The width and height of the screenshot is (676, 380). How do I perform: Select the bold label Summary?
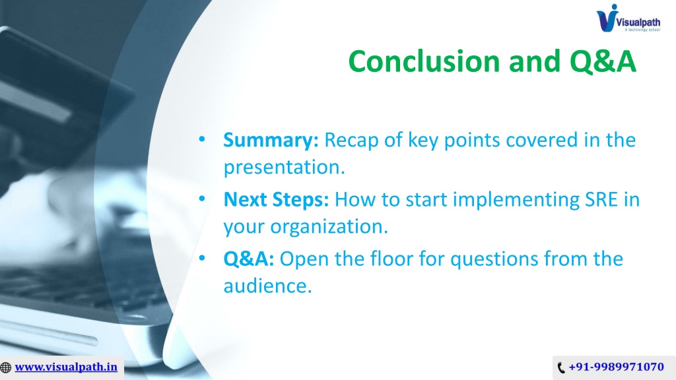pyautogui.click(x=271, y=141)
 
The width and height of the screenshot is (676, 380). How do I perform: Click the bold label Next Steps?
pyautogui.click(x=276, y=199)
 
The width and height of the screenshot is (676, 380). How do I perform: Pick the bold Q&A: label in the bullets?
pyautogui.click(x=248, y=259)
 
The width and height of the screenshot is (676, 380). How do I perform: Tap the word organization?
pyautogui.click(x=329, y=227)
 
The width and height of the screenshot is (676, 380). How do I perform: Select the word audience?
pyautogui.click(x=267, y=286)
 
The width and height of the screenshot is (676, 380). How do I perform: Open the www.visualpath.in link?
pyautogui.click(x=66, y=367)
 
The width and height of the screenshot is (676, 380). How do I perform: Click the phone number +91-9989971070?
pyautogui.click(x=616, y=367)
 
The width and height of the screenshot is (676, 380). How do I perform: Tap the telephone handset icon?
pyautogui.click(x=561, y=367)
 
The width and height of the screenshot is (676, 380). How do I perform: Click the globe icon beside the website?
pyautogui.click(x=5, y=367)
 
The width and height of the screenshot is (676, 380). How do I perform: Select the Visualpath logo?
pyautogui.click(x=628, y=18)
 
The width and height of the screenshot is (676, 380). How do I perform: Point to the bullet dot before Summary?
pyautogui.click(x=202, y=139)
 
